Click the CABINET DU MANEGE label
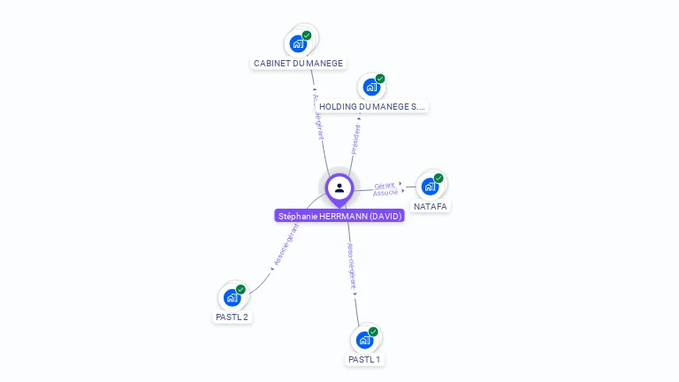298,64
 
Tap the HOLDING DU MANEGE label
372,106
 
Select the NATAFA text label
431,206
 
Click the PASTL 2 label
232,317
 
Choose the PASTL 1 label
364,359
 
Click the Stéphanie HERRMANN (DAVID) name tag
339,216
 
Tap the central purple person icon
339,187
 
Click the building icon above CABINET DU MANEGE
298,43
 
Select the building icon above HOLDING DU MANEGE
371,87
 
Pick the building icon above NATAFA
430,187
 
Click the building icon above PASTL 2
232,297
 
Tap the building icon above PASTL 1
364,340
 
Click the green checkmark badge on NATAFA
439,178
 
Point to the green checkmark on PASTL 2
240,289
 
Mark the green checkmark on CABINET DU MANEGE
307,35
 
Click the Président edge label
355,139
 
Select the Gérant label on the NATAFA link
385,185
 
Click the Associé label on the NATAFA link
385,193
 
